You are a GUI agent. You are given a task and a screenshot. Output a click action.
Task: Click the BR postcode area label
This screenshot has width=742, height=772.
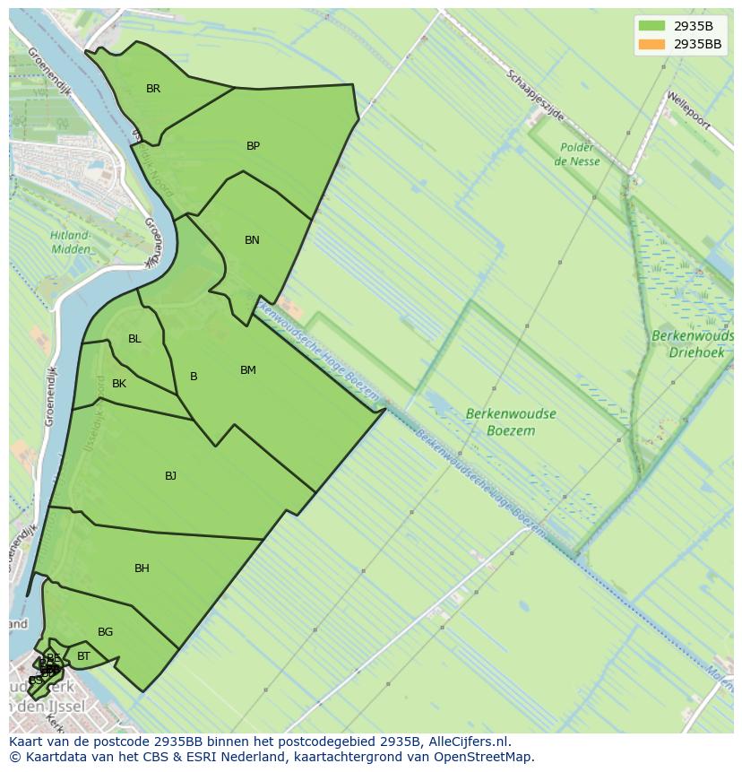[153, 89]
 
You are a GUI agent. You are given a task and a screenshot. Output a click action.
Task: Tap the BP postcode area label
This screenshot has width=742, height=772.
[253, 146]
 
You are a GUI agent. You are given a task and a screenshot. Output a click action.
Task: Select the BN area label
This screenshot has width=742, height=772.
[252, 240]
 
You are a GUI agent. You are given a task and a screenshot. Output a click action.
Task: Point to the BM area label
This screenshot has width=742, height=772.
[248, 370]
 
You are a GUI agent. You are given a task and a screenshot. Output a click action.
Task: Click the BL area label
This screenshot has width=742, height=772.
[134, 339]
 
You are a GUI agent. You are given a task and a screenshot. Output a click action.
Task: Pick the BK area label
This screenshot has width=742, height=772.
[119, 384]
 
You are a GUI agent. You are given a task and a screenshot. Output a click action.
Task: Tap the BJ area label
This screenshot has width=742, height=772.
[170, 476]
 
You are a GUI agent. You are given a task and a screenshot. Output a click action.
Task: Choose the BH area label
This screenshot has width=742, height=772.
[142, 568]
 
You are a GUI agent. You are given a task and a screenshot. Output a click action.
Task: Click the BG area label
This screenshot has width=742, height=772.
[105, 632]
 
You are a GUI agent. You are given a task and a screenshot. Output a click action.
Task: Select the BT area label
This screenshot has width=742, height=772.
[83, 656]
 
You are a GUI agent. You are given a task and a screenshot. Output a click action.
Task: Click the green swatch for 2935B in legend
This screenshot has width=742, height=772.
[651, 26]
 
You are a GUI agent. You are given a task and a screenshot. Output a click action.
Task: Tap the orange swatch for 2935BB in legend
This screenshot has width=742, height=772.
[651, 44]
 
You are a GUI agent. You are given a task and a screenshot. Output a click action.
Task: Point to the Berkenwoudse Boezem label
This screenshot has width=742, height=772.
[511, 422]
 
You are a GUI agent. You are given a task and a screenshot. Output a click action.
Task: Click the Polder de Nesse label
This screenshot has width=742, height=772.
[577, 154]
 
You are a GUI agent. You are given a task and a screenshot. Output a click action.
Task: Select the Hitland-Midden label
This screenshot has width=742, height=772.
[70, 242]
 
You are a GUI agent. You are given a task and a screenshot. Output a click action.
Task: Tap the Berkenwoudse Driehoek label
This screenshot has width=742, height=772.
[692, 344]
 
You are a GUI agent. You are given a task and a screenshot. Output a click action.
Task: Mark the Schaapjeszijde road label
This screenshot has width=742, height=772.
[534, 95]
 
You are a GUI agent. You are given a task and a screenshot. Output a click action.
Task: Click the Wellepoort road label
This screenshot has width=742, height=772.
[687, 109]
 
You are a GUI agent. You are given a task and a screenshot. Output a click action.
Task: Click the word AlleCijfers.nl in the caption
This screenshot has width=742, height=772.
[468, 742]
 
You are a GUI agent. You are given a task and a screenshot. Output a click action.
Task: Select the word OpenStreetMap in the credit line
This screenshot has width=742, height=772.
[484, 757]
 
